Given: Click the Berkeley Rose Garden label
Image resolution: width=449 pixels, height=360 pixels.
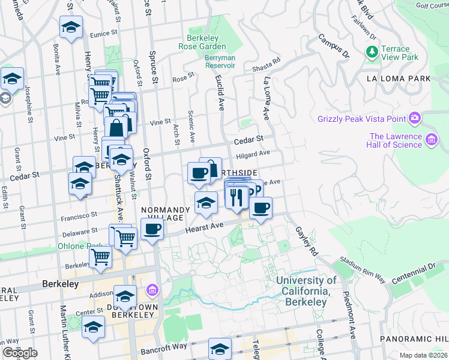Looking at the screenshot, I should pos(202,41).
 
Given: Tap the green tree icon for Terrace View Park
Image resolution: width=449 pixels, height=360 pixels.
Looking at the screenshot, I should pos(371,53).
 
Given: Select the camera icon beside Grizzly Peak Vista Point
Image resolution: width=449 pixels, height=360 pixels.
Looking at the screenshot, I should pos(414,117).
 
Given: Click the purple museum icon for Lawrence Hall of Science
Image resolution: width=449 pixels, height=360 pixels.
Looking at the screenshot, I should pos(431,140).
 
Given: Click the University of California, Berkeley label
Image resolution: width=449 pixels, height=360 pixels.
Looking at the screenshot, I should pos(306,291).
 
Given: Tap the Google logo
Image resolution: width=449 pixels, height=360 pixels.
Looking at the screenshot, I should pos(20,353).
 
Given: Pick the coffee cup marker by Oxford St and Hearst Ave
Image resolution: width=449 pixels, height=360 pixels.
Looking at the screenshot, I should pos(152,229).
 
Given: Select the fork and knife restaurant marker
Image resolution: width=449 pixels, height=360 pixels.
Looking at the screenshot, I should pos(236,196).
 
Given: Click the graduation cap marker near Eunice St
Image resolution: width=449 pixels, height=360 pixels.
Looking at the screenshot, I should pos(71,28).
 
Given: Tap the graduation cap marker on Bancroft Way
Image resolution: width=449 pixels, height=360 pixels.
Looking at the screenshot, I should pos(220,349).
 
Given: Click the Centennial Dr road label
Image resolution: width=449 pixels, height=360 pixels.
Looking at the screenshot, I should pos(414,274).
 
